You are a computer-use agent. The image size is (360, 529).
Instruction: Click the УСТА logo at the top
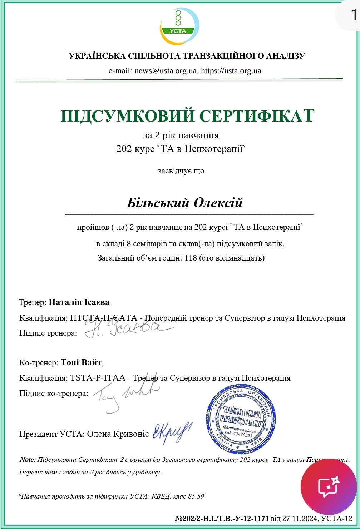point(179,26)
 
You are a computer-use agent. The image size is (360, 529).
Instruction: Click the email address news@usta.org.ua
point(166,70)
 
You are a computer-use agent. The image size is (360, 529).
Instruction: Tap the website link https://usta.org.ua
point(231,70)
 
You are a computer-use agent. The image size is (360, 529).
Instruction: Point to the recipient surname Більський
point(158,203)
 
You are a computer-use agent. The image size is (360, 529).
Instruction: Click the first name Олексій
point(218,203)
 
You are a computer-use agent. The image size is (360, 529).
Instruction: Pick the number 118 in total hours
point(191,258)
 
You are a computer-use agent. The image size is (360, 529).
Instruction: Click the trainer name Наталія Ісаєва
point(79,302)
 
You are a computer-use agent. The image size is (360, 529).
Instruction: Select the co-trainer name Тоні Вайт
point(81,362)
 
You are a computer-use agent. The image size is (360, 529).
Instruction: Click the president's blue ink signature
point(172,432)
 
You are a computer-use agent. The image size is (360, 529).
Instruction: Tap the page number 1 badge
point(354,15)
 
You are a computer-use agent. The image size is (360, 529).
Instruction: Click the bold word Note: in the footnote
point(28,460)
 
